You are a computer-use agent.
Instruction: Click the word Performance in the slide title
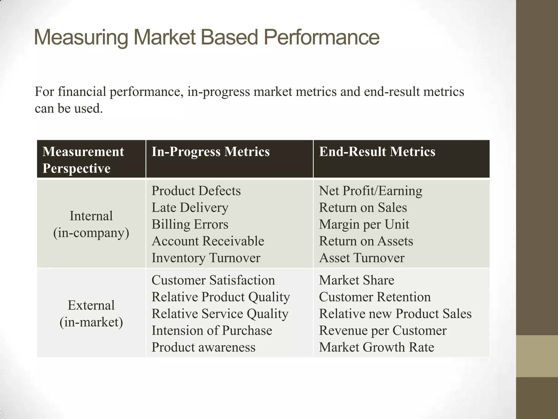[322, 37]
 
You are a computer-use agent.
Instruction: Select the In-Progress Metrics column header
[210, 152]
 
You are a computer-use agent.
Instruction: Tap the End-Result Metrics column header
[377, 152]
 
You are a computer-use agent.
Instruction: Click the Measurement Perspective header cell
[83, 160]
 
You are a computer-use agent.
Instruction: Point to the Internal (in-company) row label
[91, 224]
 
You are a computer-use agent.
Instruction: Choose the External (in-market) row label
[91, 313]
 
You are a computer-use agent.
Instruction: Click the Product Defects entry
[196, 191]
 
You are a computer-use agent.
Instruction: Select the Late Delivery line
[190, 208]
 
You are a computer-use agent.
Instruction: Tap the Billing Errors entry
[190, 225]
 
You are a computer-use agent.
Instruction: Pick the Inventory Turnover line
[206, 258]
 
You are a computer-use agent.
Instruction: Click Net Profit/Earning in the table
[370, 191]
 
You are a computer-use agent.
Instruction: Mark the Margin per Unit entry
[364, 225]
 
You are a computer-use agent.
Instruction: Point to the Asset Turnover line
[362, 258]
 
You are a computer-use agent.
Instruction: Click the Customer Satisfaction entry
[213, 280]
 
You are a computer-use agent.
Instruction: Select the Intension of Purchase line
[212, 331]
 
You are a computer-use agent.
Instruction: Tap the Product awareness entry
[203, 347]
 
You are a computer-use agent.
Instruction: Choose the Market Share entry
[356, 280]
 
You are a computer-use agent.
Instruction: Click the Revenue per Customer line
[383, 331]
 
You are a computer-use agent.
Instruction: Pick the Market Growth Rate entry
[376, 347]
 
